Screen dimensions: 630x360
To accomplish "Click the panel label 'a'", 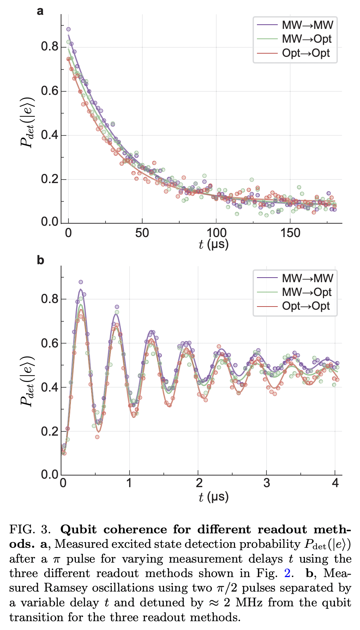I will pos(40,11).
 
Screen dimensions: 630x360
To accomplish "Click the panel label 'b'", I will pos(40,260).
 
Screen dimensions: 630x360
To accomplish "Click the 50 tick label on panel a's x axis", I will pos(142,233).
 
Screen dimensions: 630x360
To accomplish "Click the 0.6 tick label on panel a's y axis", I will pos(49,91).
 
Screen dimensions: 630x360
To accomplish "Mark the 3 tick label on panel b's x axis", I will pos(266,483).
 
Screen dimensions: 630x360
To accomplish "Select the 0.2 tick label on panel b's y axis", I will pos(49,431).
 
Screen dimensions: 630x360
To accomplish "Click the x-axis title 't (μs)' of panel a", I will pos(214,244).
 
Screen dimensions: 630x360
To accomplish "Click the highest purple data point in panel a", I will pos(68,29).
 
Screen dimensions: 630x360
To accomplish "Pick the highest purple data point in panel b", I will pos(81,282).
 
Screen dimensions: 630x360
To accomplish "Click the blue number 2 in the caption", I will pos(287,573).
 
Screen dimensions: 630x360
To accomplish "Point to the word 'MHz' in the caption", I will pos(249,602).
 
